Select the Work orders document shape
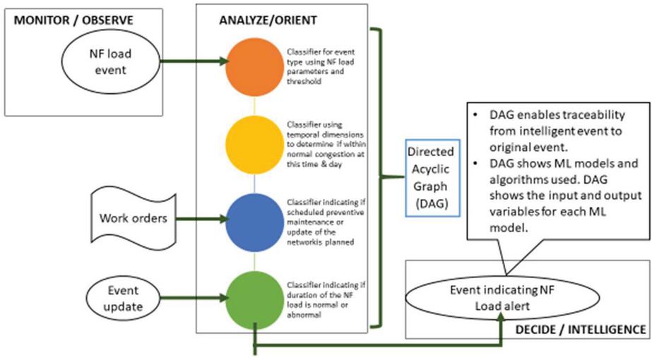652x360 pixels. pos(133,217)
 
